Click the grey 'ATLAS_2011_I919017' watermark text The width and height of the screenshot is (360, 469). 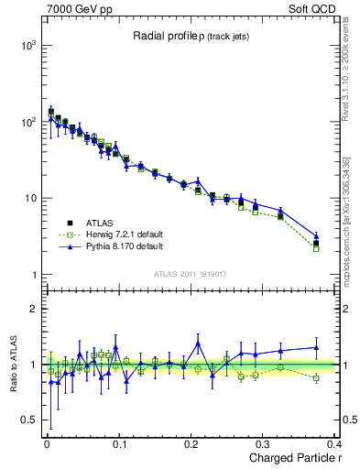[188, 272]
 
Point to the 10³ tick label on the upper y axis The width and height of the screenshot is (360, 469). [30, 45]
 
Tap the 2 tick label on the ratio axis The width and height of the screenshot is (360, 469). [36, 309]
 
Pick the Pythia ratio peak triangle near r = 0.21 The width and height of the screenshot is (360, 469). [198, 344]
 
